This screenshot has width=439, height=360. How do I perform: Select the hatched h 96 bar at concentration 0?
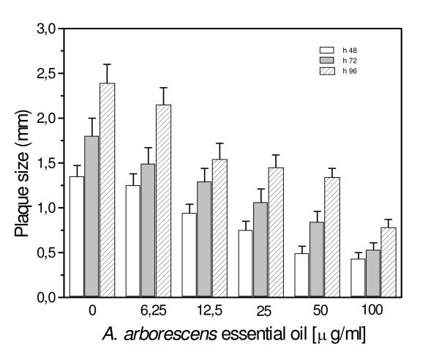tap(107, 190)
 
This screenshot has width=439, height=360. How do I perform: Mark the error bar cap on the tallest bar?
tap(107, 64)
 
